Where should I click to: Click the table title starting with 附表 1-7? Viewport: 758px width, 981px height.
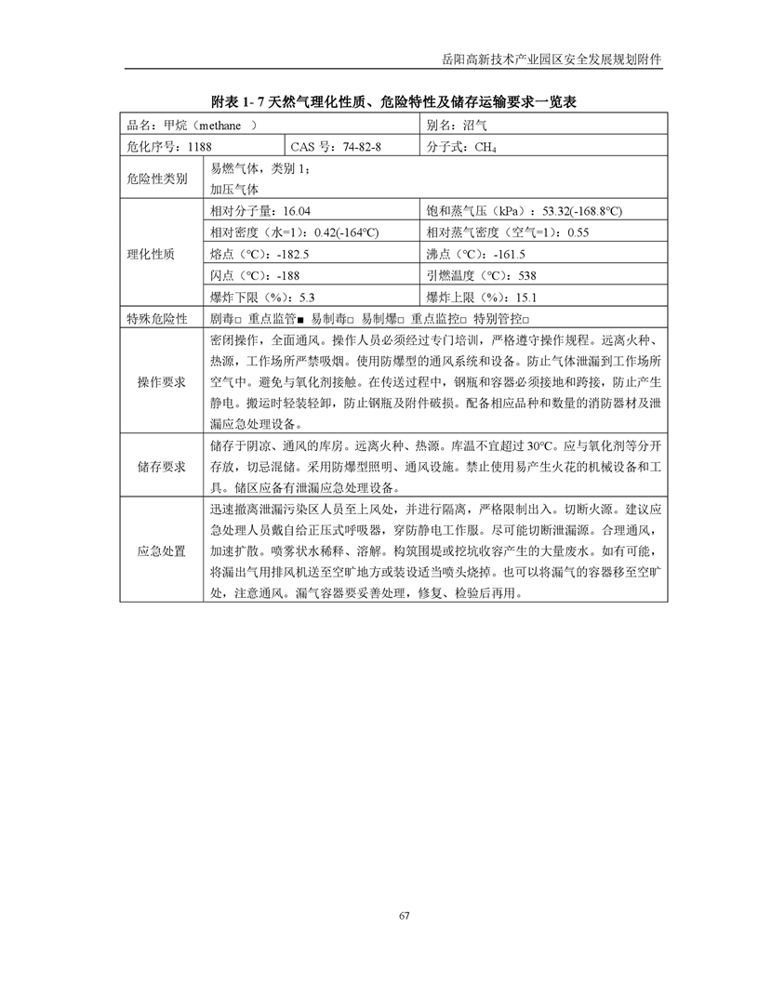(393, 101)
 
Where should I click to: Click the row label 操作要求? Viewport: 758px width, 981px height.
(161, 382)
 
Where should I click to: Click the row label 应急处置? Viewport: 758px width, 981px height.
(161, 551)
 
